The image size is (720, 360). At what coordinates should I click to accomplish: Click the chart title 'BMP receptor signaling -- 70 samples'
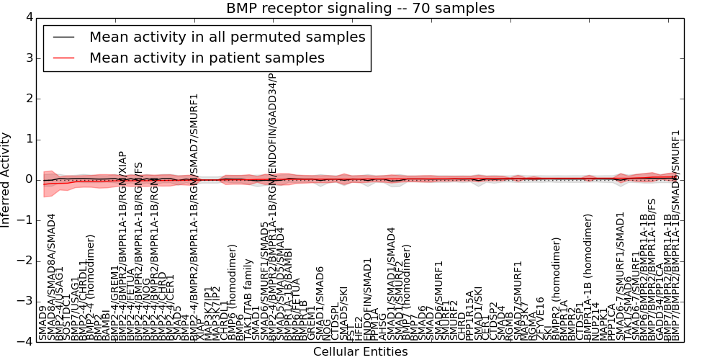coord(360,9)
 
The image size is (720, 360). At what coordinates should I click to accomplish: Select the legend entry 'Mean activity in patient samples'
coord(207,58)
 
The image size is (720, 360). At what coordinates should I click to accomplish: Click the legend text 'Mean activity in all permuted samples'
coord(227,37)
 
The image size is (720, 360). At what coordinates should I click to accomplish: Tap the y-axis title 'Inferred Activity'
coord(6,179)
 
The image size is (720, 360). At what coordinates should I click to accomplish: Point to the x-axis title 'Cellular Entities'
coord(360,352)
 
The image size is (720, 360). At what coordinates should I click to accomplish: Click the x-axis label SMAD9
coord(42,325)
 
